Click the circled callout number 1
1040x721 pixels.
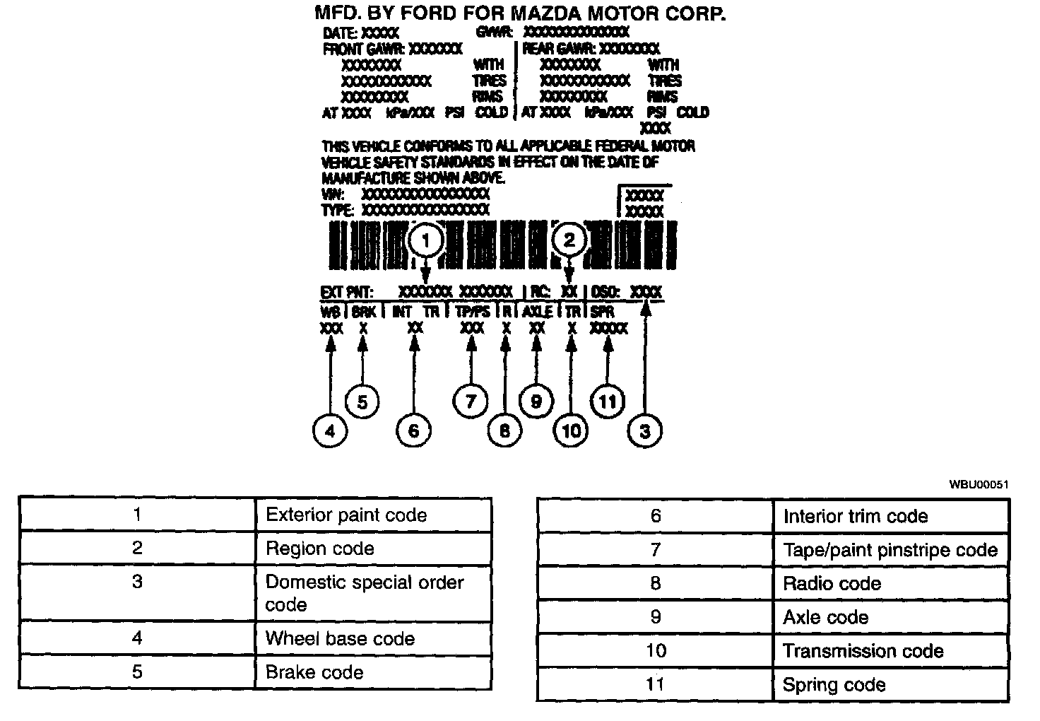425,241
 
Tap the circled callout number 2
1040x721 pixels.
569,240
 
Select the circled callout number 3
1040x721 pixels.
644,430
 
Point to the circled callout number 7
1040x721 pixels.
470,401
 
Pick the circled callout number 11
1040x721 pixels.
608,402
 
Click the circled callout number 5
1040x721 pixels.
362,402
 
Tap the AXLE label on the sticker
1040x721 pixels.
537,312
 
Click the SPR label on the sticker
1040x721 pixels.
603,312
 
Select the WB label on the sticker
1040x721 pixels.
330,312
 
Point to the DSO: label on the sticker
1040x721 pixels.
606,292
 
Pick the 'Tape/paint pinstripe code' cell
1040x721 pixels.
890,550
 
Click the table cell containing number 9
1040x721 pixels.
655,617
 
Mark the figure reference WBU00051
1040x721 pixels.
979,484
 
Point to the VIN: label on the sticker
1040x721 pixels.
333,194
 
